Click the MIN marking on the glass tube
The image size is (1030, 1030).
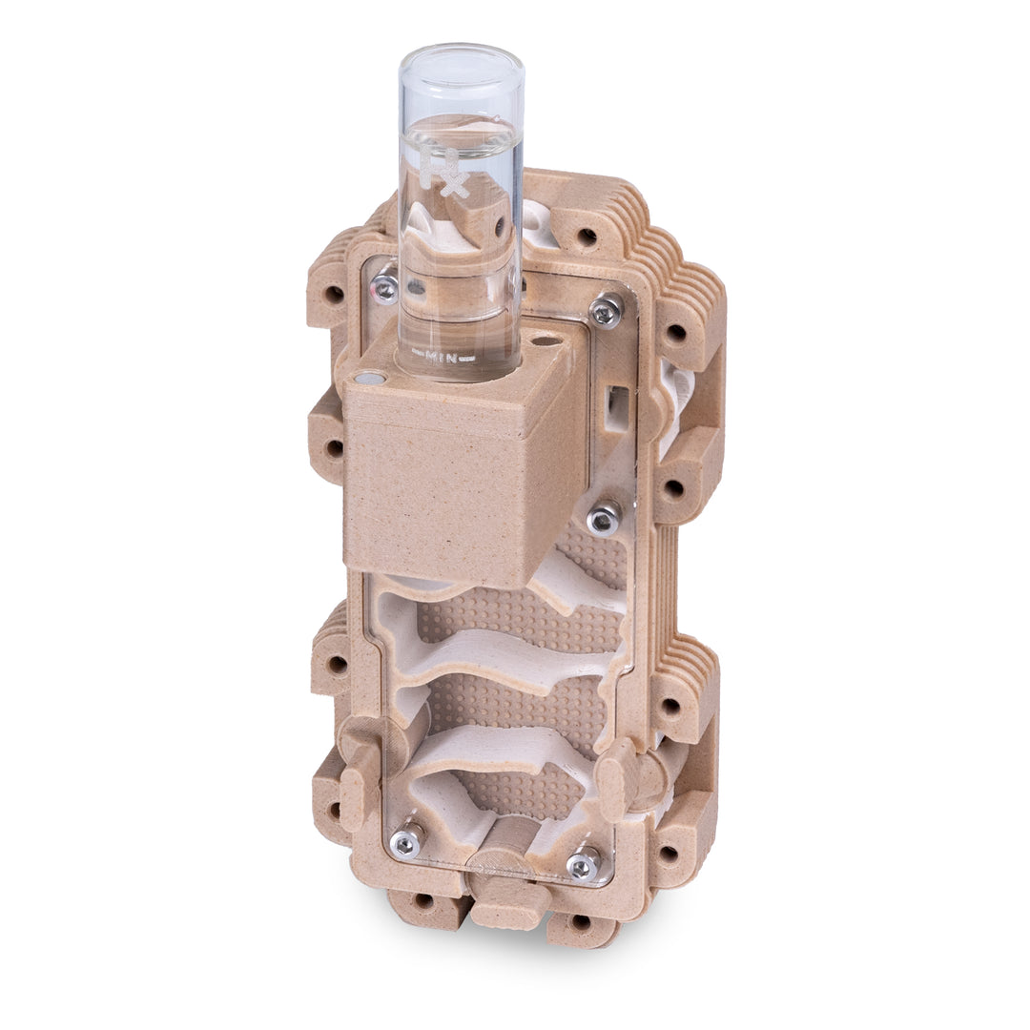(x=442, y=358)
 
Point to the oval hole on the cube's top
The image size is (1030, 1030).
(x=545, y=339)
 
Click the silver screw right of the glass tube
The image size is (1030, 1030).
(x=605, y=310)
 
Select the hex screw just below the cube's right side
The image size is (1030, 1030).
(x=603, y=519)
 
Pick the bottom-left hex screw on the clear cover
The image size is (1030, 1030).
(x=407, y=840)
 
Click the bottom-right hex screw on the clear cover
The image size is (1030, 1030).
(x=582, y=864)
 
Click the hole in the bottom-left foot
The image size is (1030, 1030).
(x=423, y=900)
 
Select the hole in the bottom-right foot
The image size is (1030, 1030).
(x=579, y=921)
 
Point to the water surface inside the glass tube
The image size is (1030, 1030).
(x=461, y=134)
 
